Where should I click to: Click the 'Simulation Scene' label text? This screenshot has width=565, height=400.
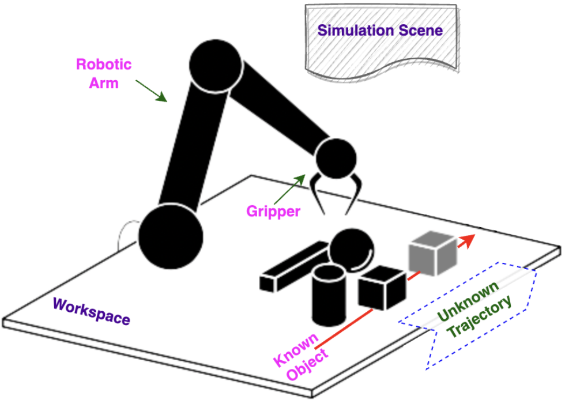(x=381, y=30)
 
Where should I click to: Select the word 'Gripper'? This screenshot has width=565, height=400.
(x=273, y=212)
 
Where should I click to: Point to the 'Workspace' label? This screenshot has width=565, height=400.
(x=92, y=311)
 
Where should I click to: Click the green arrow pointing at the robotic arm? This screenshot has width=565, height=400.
(x=151, y=91)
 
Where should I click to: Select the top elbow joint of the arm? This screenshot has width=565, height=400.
(x=214, y=66)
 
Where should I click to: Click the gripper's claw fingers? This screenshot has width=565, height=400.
(x=336, y=193)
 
